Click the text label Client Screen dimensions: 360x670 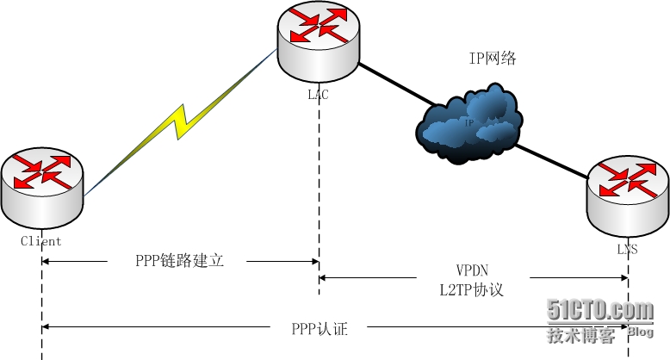pos(41,242)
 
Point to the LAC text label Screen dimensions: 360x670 pos(318,96)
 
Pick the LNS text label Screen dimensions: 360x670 pos(626,250)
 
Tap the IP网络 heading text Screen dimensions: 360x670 pos(492,59)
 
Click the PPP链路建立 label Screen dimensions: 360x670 pos(180,260)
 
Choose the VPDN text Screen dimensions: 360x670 pos(471,270)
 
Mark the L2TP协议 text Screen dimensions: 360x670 pos(471,289)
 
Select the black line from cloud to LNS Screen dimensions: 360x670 pos(551,160)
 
